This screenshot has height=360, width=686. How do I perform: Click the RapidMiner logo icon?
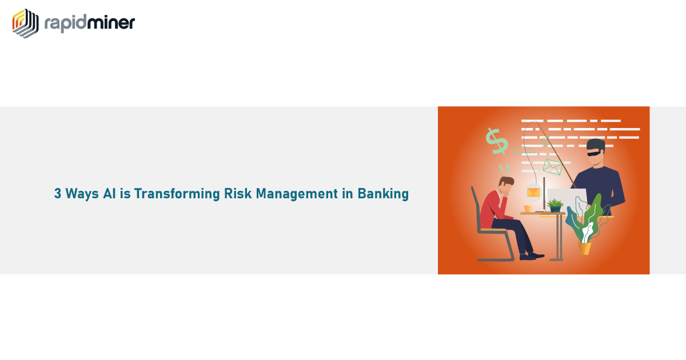click(25, 23)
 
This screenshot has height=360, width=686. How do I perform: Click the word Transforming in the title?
click(177, 194)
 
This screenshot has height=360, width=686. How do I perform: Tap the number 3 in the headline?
click(58, 194)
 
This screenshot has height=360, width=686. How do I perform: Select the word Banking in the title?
click(383, 194)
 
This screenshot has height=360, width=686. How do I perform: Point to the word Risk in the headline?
click(238, 194)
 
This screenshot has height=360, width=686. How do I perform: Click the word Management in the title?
click(297, 194)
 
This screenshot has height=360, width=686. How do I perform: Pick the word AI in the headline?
click(109, 194)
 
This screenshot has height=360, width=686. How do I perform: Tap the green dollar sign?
click(497, 141)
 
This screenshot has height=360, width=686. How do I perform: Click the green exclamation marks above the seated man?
click(504, 169)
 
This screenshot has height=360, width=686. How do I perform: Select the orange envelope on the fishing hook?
click(533, 193)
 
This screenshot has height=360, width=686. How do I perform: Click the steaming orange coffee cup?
click(528, 208)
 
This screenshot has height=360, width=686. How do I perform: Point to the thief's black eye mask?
click(594, 153)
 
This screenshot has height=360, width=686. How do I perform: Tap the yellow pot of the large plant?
click(584, 249)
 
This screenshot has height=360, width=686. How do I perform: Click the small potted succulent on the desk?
click(555, 205)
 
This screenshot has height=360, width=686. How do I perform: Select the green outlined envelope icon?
click(552, 167)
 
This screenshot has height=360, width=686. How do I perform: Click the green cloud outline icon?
click(524, 150)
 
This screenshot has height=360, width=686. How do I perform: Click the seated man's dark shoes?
click(532, 256)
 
